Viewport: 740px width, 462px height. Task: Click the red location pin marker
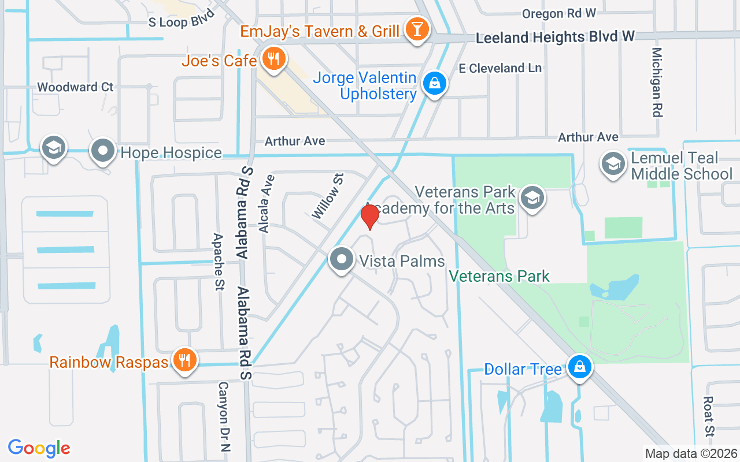370,217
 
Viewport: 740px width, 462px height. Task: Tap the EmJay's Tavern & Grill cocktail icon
415,29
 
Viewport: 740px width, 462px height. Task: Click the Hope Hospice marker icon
103,152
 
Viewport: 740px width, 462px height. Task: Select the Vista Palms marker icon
342,260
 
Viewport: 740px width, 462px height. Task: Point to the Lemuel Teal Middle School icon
613,164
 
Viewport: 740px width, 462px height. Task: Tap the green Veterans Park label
499,277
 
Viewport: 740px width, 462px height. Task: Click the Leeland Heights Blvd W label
555,37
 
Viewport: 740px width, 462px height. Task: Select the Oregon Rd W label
558,13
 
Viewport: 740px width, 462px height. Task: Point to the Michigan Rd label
656,82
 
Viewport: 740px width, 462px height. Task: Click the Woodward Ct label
75,87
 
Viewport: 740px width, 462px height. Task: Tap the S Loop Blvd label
182,19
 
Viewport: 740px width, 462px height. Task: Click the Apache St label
219,262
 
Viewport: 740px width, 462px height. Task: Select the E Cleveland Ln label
500,68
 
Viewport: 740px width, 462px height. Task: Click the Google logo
39,448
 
